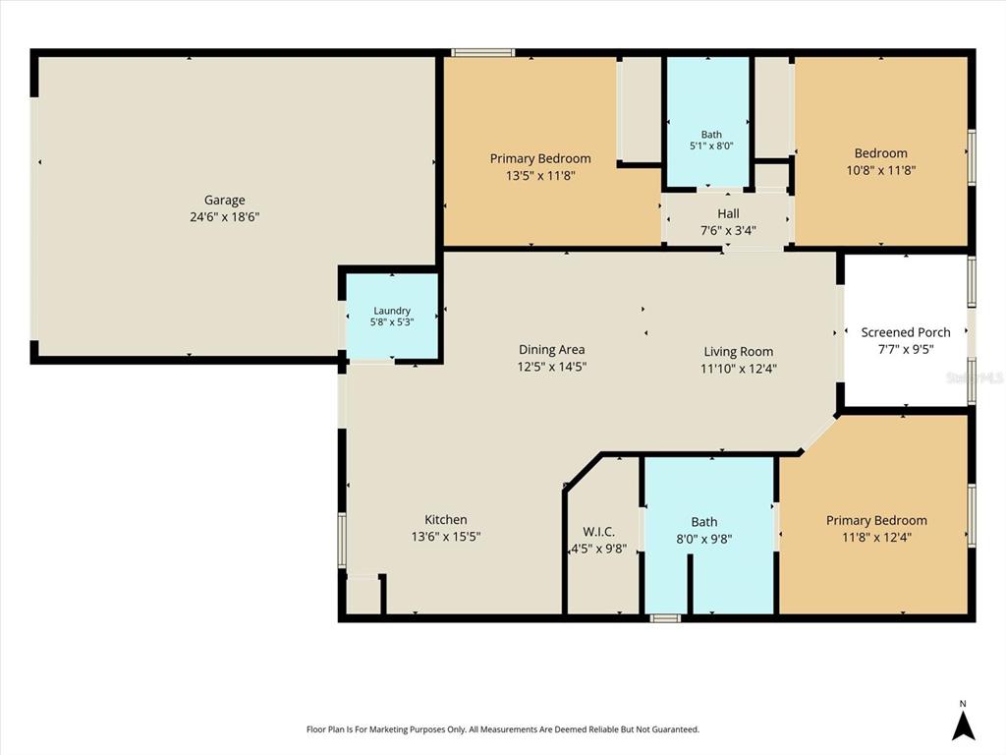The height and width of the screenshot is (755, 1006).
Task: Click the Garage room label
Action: coord(225,201)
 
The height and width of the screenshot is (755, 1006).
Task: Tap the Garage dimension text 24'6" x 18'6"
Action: coord(225,217)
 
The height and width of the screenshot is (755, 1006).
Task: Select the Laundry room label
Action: coord(392,311)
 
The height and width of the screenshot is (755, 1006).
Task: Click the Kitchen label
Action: coord(446,519)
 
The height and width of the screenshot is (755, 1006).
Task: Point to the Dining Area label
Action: coord(552,350)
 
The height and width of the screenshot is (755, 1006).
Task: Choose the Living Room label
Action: coord(739,352)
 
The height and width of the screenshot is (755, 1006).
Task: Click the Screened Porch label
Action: coord(906,332)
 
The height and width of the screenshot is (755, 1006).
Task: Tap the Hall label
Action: coord(728,213)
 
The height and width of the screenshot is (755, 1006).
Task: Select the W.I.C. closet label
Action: coord(598,532)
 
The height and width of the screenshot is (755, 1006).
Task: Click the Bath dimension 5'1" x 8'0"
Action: coord(711,145)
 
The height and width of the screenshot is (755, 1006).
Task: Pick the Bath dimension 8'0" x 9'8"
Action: coord(704,540)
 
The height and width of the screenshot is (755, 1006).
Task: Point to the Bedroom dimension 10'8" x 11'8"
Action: coord(881,170)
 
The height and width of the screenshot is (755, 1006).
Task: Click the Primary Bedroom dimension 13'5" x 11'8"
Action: coord(540,175)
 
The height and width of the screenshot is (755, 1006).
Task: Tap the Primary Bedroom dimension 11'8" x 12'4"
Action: coord(876,538)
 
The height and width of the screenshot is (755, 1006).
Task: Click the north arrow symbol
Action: coord(963,726)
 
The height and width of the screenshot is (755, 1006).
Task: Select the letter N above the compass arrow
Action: coord(963,704)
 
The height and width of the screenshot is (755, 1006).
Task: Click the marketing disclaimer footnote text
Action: coord(503,729)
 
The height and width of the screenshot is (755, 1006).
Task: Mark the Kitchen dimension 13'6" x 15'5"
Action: coord(446,536)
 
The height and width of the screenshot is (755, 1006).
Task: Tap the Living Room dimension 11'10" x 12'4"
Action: coord(739,369)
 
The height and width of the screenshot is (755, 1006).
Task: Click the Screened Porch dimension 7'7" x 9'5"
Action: coord(906,349)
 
